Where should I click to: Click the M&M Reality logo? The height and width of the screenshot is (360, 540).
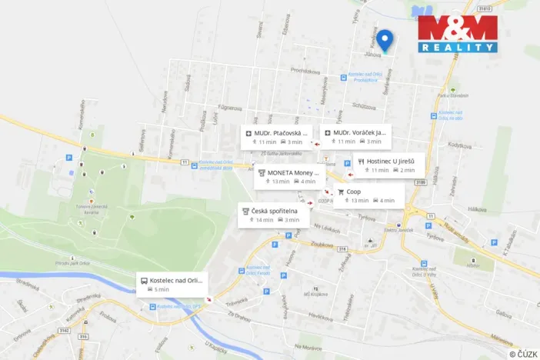458,33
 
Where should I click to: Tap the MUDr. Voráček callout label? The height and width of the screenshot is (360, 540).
355,136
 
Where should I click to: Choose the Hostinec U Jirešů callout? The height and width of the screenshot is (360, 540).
385,165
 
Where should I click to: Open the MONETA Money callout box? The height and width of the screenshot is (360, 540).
286,176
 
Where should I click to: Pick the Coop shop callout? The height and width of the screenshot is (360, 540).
368,195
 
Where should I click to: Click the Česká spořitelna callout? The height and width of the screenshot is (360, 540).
273,215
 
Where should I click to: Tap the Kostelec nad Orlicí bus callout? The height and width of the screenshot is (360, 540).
172,284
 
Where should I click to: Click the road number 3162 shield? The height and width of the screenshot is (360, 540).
63,331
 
